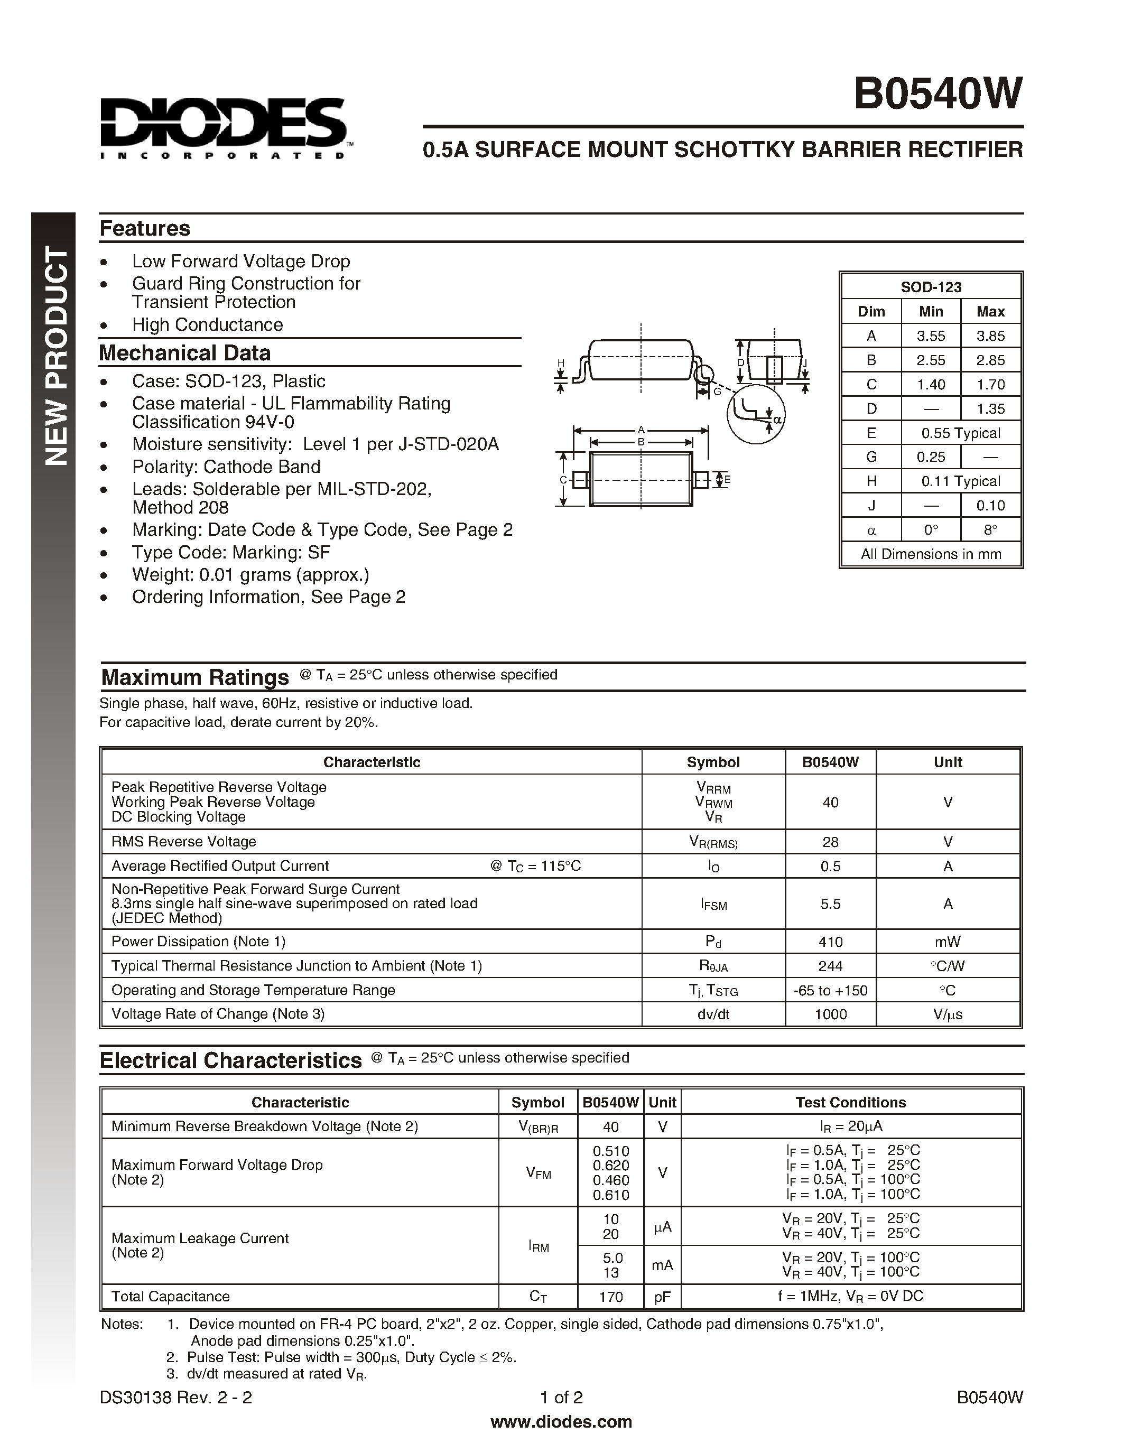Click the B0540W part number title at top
point(938,95)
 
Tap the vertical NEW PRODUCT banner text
point(56,356)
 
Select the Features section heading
point(145,228)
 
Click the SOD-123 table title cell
point(931,287)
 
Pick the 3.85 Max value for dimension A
point(990,336)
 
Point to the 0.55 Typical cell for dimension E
point(960,433)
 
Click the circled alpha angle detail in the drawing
point(756,413)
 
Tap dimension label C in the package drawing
point(563,480)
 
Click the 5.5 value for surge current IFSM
point(830,904)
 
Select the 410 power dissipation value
point(830,942)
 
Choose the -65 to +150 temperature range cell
point(830,990)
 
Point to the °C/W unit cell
point(948,966)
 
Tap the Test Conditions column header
point(850,1102)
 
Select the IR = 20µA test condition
point(850,1126)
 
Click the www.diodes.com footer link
point(561,1422)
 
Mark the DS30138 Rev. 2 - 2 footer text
point(175,1397)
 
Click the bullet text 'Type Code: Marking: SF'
point(231,552)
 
